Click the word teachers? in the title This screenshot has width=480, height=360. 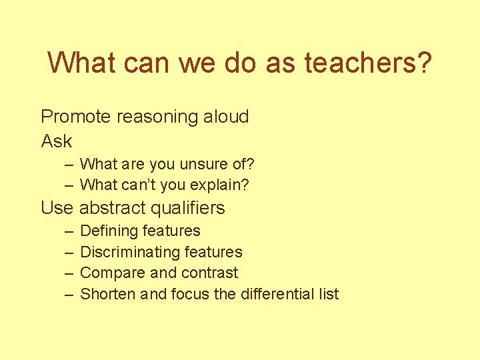368,63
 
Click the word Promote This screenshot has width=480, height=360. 76,117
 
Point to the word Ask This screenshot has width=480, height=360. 57,141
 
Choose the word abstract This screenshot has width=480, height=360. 113,208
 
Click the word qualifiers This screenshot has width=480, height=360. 188,208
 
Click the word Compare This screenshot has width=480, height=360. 107,273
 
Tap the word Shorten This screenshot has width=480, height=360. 107,294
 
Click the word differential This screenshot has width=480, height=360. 276,294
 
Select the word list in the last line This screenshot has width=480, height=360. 329,294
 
